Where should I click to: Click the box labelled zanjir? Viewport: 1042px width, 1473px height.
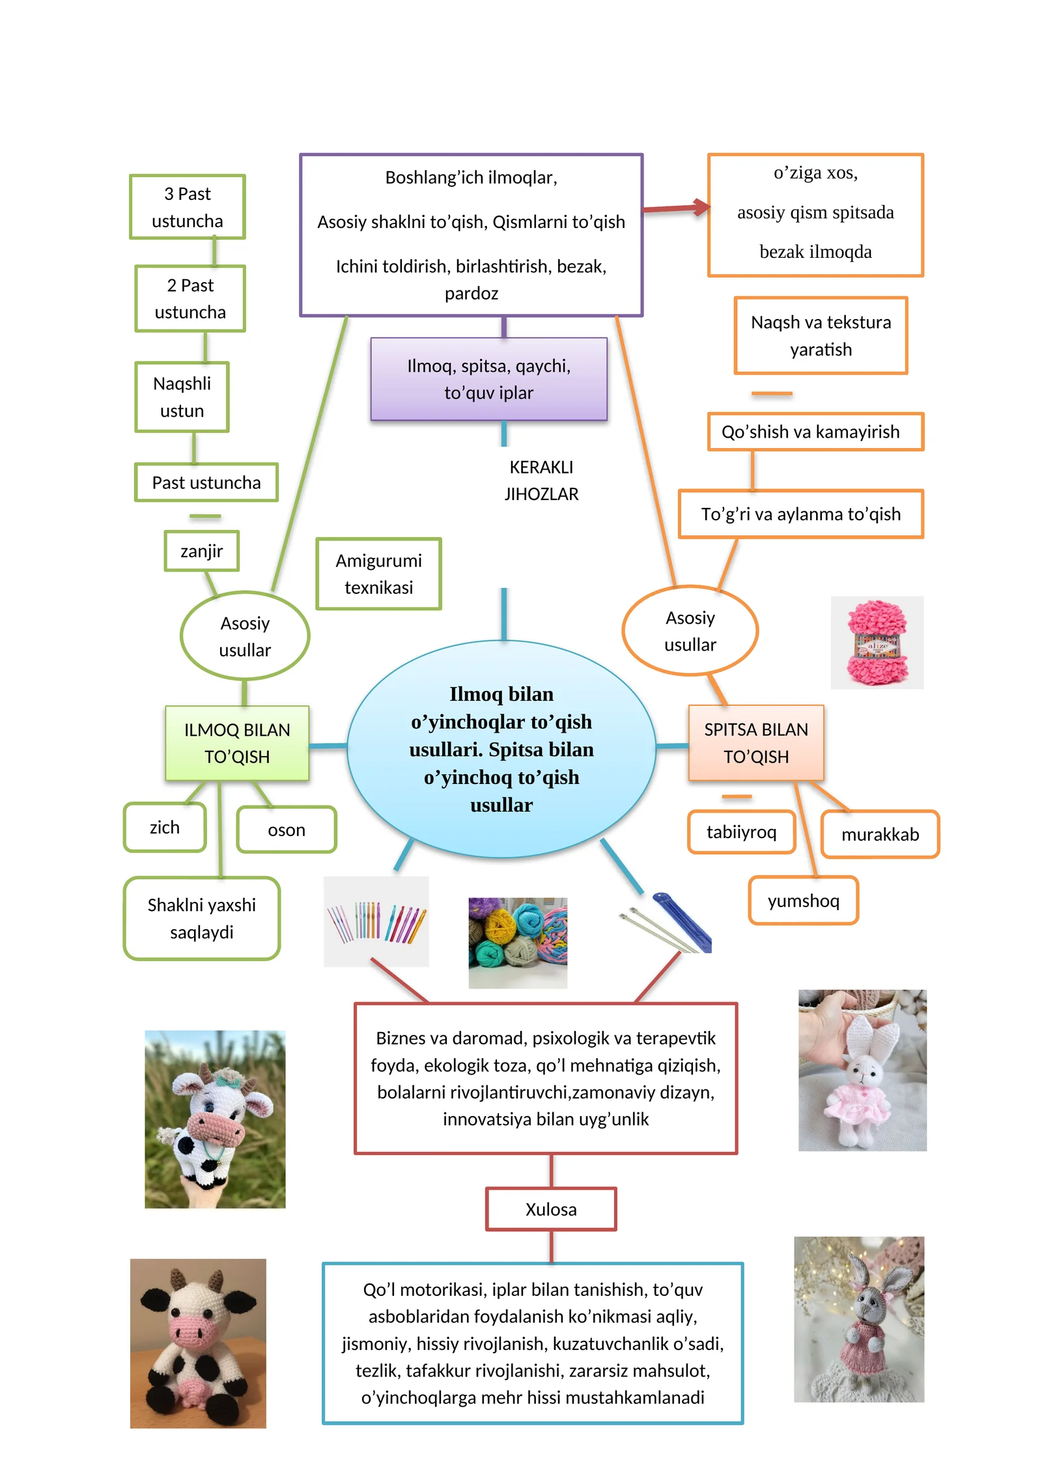coord(201,551)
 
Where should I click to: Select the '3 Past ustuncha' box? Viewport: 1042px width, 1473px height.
coord(188,207)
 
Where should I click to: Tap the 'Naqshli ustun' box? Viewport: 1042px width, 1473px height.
coord(182,397)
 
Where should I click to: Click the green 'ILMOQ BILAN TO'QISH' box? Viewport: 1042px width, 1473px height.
coord(237,743)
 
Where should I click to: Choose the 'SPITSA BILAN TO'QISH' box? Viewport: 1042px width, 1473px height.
coord(756,743)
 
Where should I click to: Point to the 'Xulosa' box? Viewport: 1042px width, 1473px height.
coord(551,1209)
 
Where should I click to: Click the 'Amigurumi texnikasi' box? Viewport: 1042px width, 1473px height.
coord(378,574)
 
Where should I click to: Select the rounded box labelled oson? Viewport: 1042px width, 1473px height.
coord(287,830)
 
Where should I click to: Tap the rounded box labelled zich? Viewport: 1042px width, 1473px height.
coord(165,827)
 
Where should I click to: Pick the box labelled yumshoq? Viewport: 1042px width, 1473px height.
coord(803,901)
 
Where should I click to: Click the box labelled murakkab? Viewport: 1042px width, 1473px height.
coord(880,834)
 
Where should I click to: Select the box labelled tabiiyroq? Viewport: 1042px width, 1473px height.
coord(741,832)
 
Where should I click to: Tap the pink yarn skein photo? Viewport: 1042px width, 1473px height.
coord(877,643)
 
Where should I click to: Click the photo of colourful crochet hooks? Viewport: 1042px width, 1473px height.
coord(376,921)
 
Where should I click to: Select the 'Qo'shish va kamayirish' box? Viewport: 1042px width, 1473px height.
coord(815,432)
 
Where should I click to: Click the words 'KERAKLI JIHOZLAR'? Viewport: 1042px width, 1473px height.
coord(541,481)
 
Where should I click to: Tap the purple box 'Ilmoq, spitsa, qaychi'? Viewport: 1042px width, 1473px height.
coord(488,379)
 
